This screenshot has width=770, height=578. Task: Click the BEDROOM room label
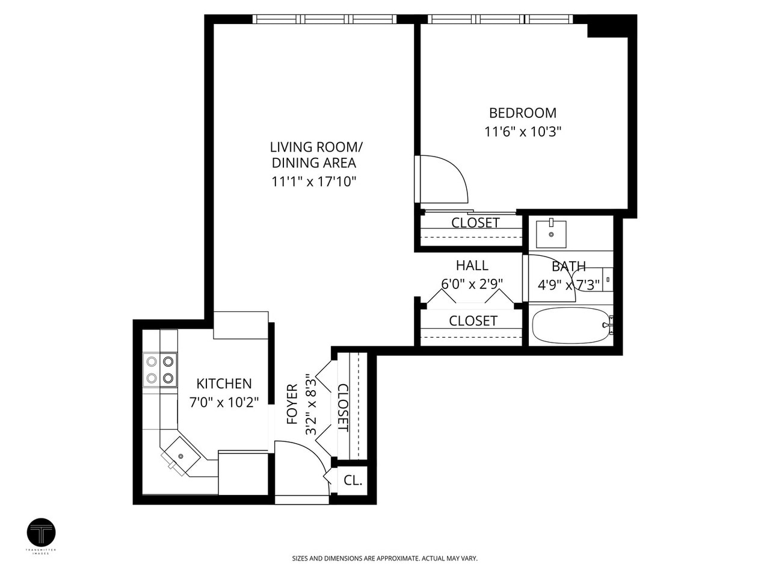pos(522,113)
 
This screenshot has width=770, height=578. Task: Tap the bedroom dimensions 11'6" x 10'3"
pos(522,132)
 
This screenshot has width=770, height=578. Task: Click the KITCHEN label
pos(224,384)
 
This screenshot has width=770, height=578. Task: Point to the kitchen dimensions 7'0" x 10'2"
pos(224,402)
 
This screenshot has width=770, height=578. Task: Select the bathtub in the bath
pos(570,326)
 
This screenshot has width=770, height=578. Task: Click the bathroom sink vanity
pos(551,234)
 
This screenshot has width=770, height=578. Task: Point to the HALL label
pos(472,266)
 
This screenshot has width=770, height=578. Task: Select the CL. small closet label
pos(353,480)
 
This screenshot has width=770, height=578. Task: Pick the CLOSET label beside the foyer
pos(343,408)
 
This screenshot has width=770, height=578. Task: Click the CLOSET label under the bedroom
pos(475,223)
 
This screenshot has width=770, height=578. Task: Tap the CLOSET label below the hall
pos(473,321)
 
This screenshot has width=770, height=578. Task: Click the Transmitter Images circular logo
pos(42,532)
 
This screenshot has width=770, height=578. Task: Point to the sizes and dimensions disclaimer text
pos(384,559)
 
